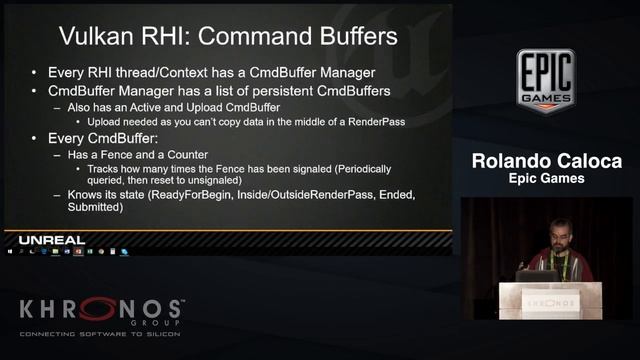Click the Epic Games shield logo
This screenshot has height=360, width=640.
tap(545, 80)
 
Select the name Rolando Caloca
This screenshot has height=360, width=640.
tap(545, 162)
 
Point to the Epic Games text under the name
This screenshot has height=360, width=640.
tap(545, 179)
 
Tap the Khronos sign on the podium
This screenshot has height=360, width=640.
tap(551, 299)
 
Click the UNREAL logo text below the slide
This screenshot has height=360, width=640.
tap(52, 240)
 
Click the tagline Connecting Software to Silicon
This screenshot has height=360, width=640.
tap(100, 331)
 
